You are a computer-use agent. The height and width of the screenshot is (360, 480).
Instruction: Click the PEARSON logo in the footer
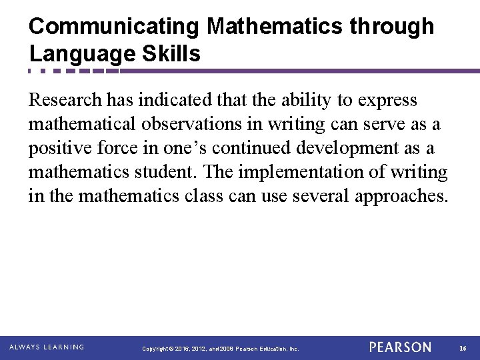click(400, 347)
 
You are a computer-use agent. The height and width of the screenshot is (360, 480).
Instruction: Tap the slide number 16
click(463, 348)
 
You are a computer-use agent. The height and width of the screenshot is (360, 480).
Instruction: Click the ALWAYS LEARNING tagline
click(46, 347)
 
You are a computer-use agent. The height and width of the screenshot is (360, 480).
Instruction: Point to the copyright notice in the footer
click(221, 349)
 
